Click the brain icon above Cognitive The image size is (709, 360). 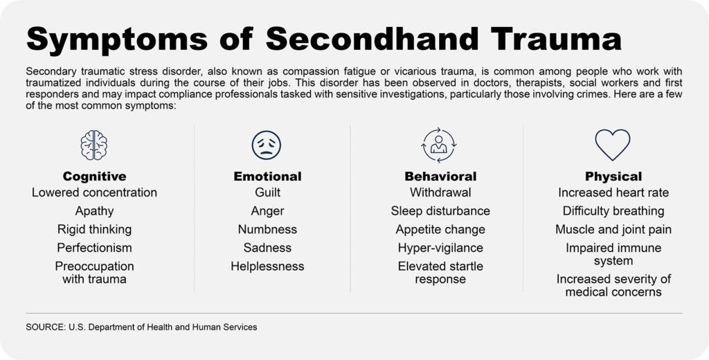[94, 145]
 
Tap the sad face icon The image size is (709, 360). [267, 145]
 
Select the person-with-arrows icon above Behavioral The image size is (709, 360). [438, 145]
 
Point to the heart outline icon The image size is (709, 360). [613, 145]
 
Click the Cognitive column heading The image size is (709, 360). [94, 176]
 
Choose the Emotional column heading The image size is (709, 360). [267, 176]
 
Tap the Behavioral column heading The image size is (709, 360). [440, 176]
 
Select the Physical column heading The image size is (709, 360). [613, 177]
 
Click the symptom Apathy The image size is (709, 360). [94, 211]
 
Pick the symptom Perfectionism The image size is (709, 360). [94, 248]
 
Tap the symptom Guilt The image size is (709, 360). [268, 192]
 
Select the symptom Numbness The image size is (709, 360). [268, 229]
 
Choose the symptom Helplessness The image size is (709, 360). [268, 267]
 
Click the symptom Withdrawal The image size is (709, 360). [440, 192]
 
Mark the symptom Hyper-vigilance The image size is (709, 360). [440, 249]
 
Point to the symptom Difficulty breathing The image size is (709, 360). [613, 211]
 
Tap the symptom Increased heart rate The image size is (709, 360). [613, 192]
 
